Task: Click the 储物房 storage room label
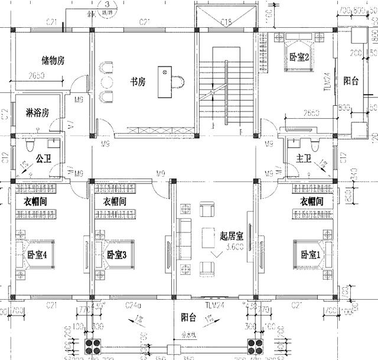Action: [53, 61]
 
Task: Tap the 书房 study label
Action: [138, 82]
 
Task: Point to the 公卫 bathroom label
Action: [43, 158]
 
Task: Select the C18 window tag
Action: [225, 22]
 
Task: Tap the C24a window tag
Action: [133, 306]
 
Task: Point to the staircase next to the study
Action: [219, 95]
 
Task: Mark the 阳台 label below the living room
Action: [189, 317]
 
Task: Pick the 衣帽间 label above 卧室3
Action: [115, 202]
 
